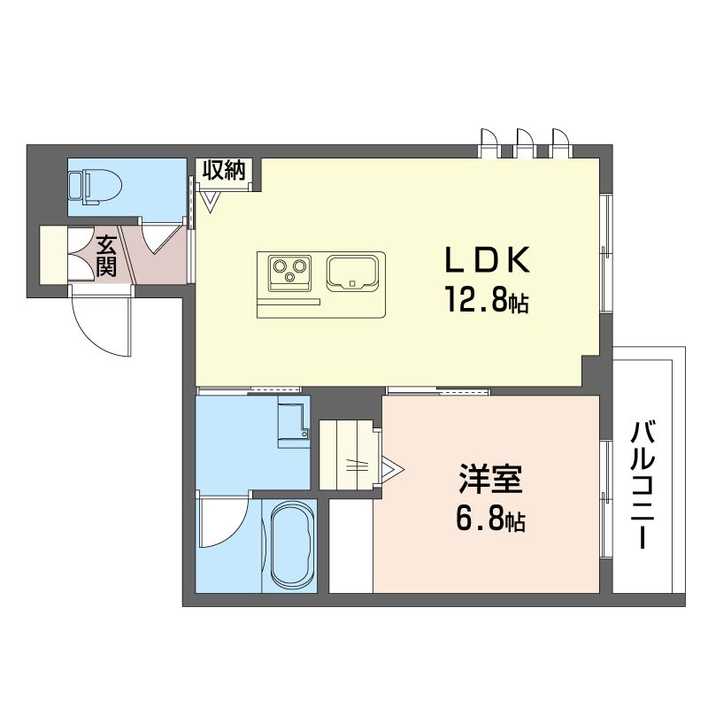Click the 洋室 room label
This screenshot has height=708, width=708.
pos(490,480)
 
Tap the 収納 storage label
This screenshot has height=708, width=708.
pos(224,171)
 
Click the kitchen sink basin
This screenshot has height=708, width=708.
pos(354,273)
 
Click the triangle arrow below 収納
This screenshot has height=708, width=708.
pos(211,203)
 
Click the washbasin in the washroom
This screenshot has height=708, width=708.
pos(292,422)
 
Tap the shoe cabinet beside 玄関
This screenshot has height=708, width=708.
pos(54,255)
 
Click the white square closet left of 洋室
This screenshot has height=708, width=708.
pos(350,545)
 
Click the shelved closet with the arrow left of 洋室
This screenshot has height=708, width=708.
pos(347,453)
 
